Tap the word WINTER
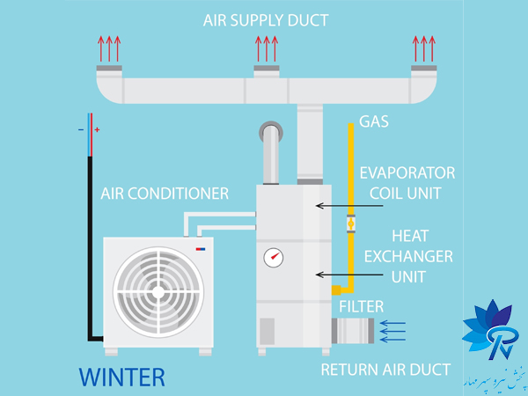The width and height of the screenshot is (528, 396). [x=121, y=378]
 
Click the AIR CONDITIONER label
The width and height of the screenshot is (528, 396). [x=165, y=193]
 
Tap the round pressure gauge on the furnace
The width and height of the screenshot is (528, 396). [x=273, y=257]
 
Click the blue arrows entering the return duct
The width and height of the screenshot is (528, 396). [x=392, y=330]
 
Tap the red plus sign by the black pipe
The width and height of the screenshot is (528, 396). [x=97, y=130]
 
